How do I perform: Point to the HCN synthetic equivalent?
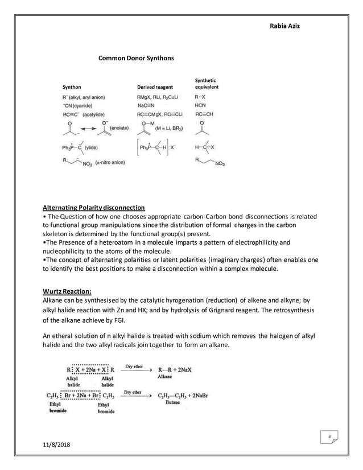tap(200, 105)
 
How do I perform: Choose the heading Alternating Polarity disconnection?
tap(94, 207)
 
